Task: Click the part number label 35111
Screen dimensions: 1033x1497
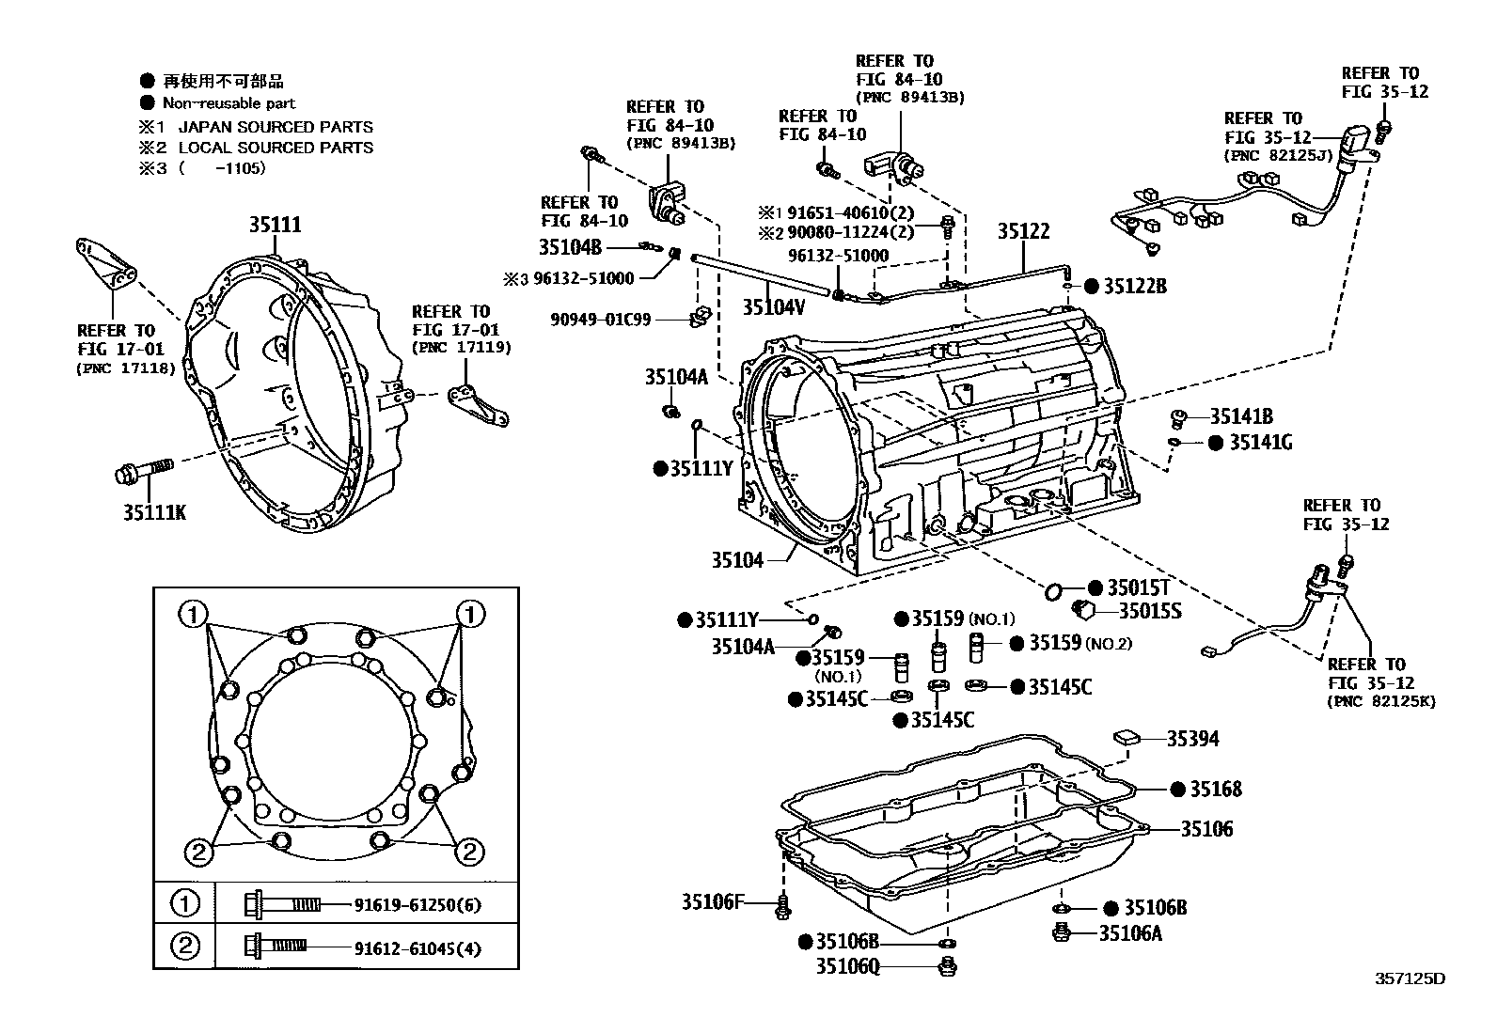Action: point(275,225)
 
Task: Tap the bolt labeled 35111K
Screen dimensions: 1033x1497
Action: point(143,473)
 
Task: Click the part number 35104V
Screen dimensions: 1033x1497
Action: point(773,306)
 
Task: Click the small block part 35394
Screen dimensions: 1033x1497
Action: point(1127,737)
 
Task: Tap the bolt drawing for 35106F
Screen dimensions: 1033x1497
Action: point(783,906)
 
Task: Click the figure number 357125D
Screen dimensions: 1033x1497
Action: point(1410,978)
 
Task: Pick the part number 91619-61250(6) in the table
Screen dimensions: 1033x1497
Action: point(418,905)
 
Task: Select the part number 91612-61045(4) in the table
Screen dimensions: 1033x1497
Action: point(418,948)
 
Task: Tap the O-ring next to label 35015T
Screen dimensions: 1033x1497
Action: point(1054,591)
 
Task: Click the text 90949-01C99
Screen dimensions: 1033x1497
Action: point(600,320)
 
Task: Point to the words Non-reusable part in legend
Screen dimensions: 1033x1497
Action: point(228,103)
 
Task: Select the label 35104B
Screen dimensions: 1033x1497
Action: point(570,247)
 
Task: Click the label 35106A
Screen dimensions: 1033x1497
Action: point(1130,933)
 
